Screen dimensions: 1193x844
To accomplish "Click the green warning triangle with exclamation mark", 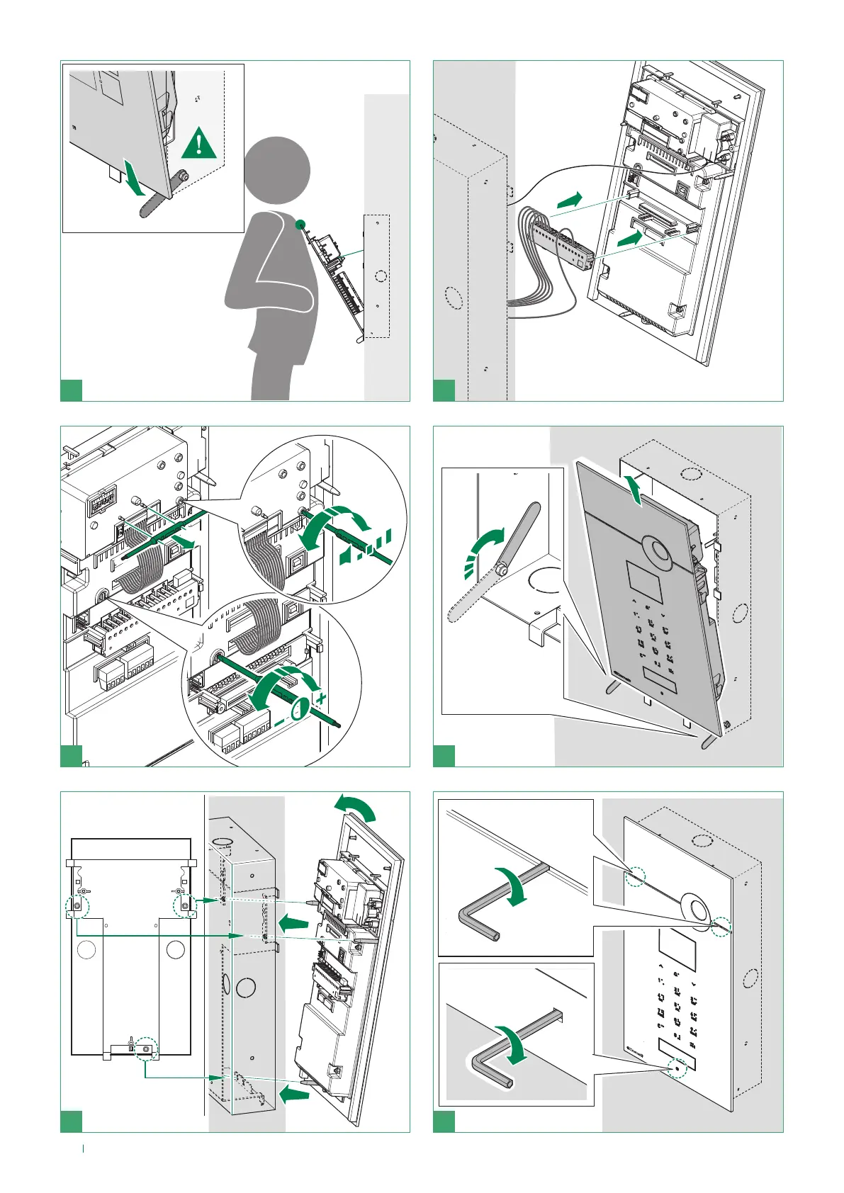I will [x=199, y=145].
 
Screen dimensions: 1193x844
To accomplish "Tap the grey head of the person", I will [x=277, y=171].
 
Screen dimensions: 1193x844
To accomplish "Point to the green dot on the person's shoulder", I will [x=300, y=224].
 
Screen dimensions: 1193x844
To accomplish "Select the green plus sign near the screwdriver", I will [x=322, y=698].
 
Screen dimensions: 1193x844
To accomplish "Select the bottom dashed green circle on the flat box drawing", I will [x=146, y=1048].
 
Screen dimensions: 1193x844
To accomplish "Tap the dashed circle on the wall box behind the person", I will [x=380, y=277].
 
